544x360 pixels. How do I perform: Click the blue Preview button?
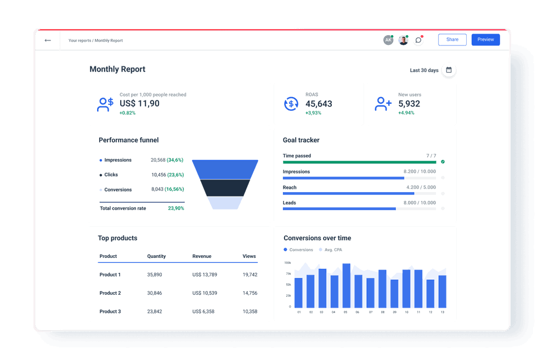485,40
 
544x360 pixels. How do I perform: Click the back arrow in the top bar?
48,40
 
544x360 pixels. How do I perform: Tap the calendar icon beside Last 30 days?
449,70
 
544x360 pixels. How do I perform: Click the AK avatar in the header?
388,40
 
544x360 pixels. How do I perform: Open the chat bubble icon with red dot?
418,40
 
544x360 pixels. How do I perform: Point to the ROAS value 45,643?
319,104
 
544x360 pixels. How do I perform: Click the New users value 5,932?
409,104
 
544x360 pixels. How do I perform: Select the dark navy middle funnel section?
225,188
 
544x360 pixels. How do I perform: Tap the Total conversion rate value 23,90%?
176,209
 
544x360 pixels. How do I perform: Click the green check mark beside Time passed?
443,162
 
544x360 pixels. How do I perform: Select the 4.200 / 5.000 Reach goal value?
421,187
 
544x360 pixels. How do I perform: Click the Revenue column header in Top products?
201,256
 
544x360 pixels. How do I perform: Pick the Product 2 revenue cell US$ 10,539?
205,293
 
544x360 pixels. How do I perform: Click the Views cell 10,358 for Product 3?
250,312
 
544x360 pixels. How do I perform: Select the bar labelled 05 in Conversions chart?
346,285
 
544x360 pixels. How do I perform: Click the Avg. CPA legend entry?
332,250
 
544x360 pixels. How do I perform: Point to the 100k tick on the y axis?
288,263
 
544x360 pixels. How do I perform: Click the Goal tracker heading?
301,140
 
